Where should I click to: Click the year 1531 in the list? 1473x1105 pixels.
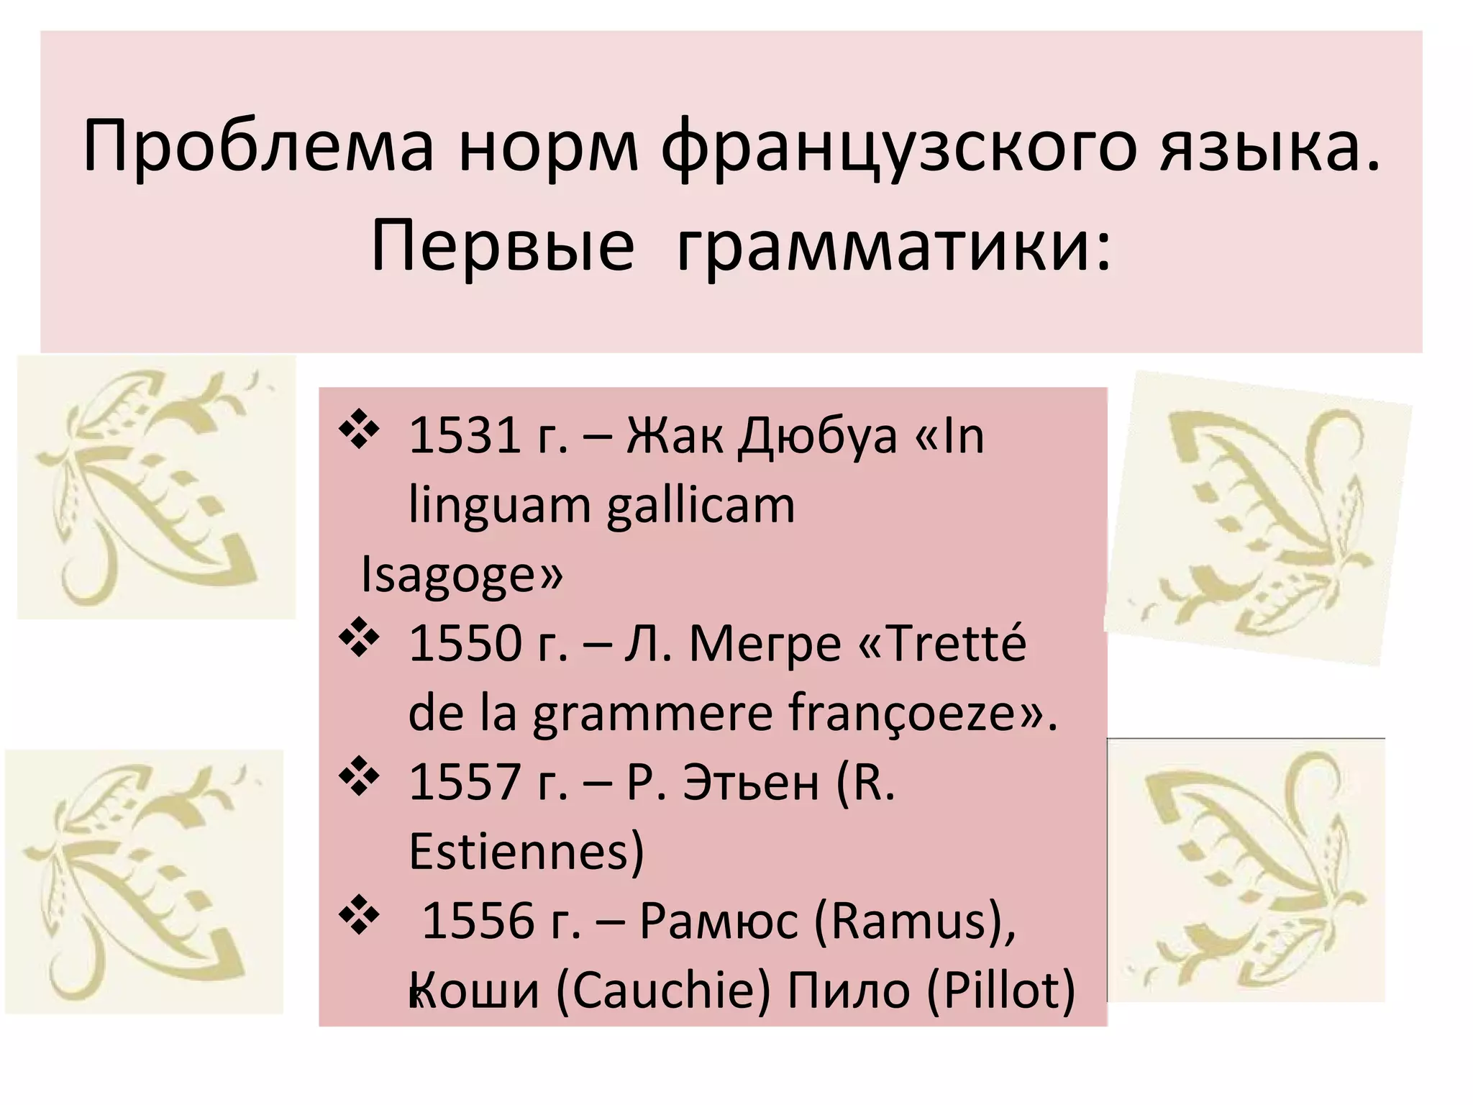(465, 436)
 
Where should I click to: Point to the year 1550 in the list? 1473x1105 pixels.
(465, 643)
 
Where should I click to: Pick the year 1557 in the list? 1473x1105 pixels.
(465, 782)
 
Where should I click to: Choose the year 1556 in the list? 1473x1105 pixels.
(478, 921)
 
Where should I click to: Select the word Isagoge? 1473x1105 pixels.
(461, 574)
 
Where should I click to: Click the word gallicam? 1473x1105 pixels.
(701, 505)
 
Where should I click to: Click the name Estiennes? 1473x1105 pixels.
(526, 852)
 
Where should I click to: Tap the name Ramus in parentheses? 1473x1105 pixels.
(913, 921)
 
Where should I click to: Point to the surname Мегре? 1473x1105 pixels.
(765, 643)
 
